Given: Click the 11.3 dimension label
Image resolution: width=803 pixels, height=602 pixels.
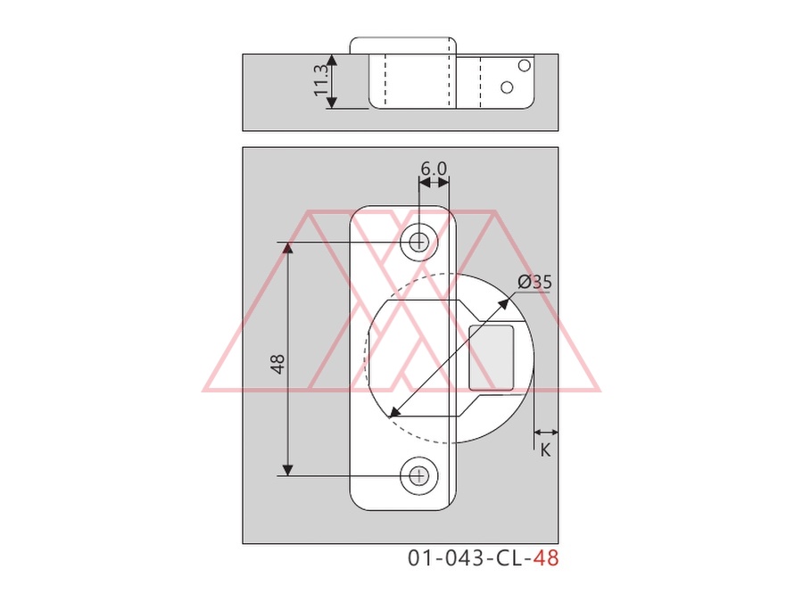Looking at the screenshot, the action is tap(321, 80).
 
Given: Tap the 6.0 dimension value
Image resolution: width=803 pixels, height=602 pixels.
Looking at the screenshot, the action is tap(434, 169).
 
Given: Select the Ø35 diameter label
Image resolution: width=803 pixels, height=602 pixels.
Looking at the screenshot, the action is tap(534, 282).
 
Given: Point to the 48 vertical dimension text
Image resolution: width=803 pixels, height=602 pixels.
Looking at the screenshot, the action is tap(277, 364).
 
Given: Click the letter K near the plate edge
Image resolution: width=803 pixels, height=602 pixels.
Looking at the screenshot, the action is tap(545, 450).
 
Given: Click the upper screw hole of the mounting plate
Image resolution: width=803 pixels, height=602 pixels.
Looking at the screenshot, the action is tap(419, 242).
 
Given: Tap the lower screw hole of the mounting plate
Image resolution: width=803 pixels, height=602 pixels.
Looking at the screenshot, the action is tap(419, 476).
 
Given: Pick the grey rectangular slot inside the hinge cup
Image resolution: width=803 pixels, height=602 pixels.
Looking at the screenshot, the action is tap(491, 358).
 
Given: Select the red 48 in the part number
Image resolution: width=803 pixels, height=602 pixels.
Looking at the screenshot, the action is tap(546, 558).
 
